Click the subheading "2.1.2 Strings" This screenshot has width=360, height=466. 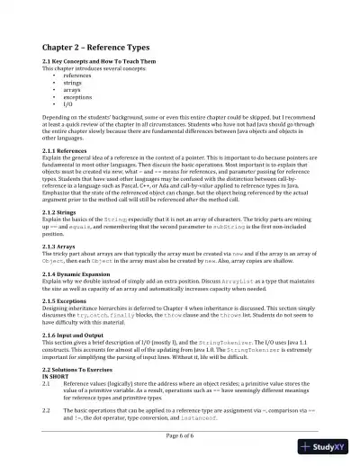(x=65, y=211)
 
